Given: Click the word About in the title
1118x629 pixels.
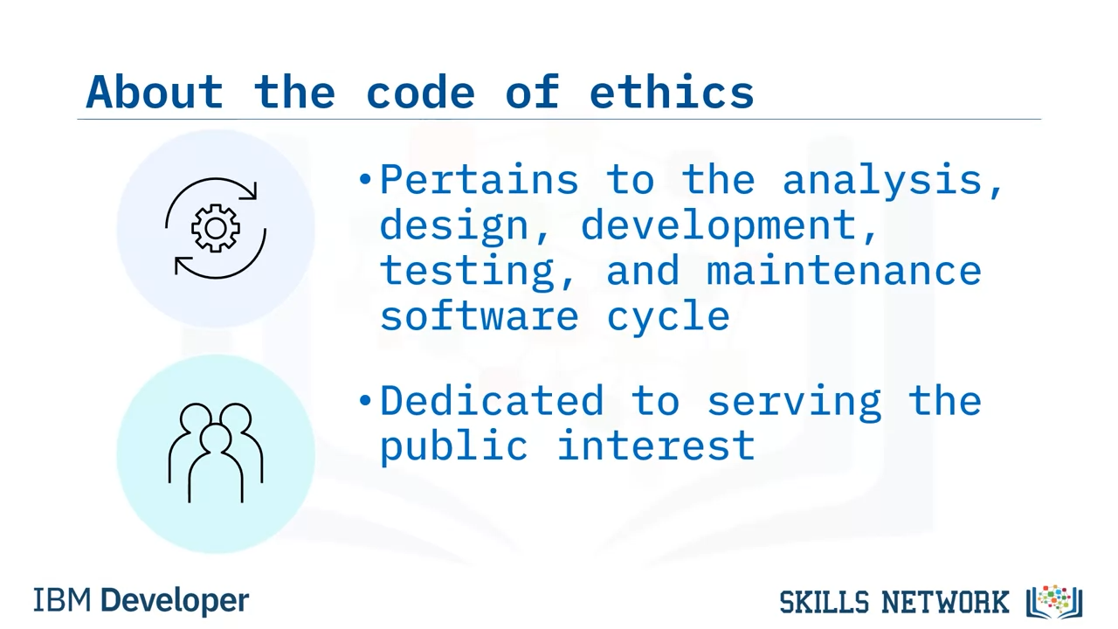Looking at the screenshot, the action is (x=155, y=92).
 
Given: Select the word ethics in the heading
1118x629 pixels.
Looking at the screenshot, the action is (x=672, y=92).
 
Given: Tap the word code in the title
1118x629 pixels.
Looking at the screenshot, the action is (x=420, y=92).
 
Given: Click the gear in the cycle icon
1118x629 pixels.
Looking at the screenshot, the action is (x=216, y=228).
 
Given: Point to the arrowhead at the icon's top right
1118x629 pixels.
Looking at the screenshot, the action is (x=250, y=190).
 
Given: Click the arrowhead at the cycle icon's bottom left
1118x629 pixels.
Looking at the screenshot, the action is (x=182, y=265).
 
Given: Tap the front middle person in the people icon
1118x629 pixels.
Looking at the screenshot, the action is (x=216, y=463).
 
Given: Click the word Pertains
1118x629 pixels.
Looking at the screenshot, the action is (x=480, y=180).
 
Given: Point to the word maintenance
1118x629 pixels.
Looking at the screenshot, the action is (x=844, y=270).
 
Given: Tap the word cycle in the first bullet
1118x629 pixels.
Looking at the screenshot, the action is (x=668, y=317).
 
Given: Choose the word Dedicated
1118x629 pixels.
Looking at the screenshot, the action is (x=492, y=400).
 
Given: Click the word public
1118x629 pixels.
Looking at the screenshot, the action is (x=453, y=446).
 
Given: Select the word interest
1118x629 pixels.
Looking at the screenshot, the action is (x=655, y=446).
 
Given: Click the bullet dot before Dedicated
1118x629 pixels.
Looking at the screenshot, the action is (x=365, y=400).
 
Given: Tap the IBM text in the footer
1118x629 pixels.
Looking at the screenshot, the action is (x=62, y=600).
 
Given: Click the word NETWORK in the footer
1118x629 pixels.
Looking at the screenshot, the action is (x=945, y=602).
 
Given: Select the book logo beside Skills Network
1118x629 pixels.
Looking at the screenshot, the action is (x=1054, y=602).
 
